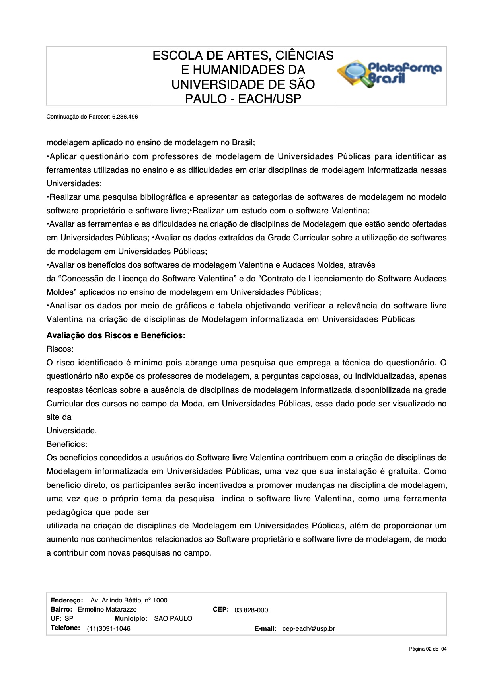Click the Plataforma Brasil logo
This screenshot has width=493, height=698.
click(x=389, y=74)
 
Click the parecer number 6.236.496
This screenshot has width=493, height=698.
click(x=125, y=117)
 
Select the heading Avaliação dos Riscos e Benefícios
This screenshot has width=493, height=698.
click(x=116, y=335)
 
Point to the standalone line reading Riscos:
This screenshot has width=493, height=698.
click(x=60, y=349)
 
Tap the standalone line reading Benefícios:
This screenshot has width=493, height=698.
click(x=67, y=444)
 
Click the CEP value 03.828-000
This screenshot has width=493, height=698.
click(x=251, y=610)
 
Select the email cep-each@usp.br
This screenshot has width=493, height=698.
click(x=308, y=629)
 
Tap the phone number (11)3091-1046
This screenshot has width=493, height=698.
click(x=109, y=628)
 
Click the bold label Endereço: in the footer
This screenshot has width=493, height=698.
click(x=67, y=600)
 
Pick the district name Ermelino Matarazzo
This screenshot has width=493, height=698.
click(x=107, y=609)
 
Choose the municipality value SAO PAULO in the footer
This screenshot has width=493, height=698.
click(x=173, y=619)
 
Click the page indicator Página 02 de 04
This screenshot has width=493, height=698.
click(x=428, y=649)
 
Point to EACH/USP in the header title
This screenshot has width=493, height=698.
click(x=269, y=99)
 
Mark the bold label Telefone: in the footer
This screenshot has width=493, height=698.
click(x=65, y=628)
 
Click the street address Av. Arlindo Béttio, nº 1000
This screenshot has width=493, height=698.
click(x=129, y=600)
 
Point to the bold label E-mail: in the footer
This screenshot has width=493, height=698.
click(x=265, y=629)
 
